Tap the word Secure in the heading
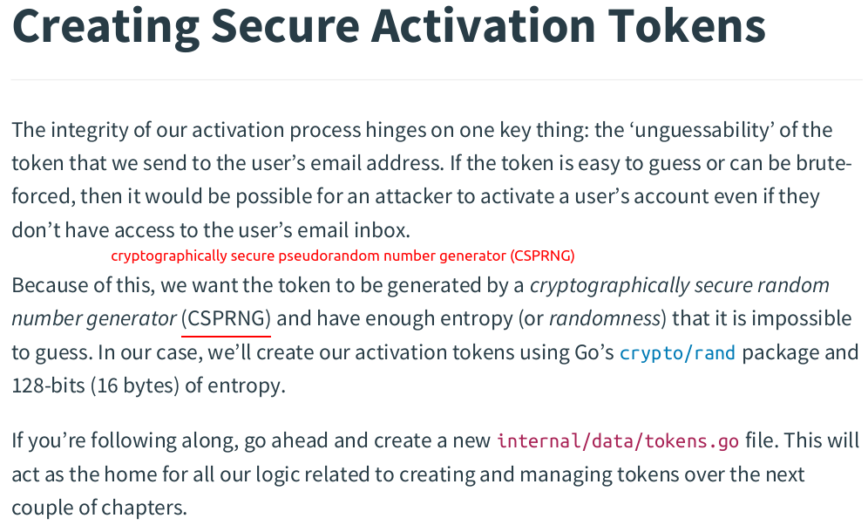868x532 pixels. [x=286, y=26]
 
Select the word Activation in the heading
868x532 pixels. [x=484, y=26]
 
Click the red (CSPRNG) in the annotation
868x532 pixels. [x=542, y=256]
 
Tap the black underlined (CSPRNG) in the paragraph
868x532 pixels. [x=227, y=318]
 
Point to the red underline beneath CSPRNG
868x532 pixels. [x=227, y=336]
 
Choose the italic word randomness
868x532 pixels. [x=605, y=318]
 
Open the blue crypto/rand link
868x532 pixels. [x=677, y=353]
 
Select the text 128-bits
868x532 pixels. [x=48, y=385]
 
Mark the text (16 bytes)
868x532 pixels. [x=135, y=385]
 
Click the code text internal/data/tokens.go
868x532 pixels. [x=618, y=441]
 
